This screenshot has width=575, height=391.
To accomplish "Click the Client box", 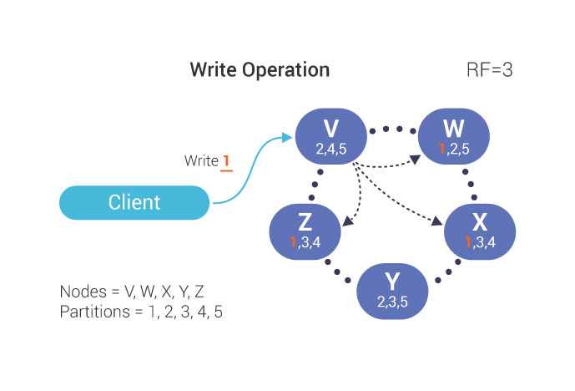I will (134, 202).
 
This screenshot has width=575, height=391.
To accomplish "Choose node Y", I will (391, 288).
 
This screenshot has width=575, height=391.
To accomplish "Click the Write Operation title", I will (260, 69).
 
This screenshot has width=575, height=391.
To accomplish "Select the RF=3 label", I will (489, 69).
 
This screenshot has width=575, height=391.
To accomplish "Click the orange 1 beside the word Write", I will (225, 161).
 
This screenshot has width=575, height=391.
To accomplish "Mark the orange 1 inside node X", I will (467, 241).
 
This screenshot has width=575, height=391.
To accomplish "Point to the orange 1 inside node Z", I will (293, 241).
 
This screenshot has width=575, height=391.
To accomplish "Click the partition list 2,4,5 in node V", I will (330, 148).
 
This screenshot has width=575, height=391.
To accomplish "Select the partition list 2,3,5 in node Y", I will (391, 301).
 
